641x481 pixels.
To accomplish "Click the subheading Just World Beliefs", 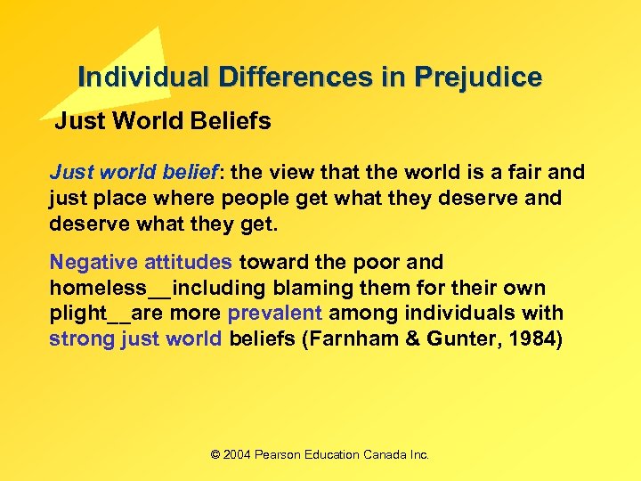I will pos(163,121).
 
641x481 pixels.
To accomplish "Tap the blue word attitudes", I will pos(189,263).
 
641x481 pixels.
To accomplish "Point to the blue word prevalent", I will pos(275,314).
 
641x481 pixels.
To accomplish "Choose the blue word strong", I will pos(81,338).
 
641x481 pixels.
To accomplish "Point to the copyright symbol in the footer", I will pos(215,454).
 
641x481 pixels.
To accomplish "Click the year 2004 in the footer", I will pos(237,454).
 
